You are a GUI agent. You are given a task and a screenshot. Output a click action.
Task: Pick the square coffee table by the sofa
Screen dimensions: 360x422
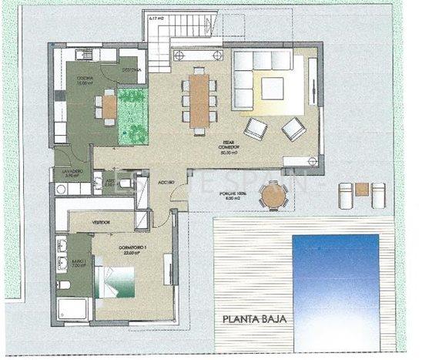coord(273,89)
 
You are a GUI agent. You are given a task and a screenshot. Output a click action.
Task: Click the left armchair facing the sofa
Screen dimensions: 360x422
coord(256,128)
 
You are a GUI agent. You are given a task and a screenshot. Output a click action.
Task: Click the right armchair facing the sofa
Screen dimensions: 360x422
coord(293,128)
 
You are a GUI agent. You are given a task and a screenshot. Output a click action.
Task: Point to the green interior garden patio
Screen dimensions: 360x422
coord(132,116)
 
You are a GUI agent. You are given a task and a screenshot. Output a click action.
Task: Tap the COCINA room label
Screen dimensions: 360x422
coord(85,79)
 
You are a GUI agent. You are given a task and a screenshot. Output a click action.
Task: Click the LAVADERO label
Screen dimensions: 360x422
coord(67,171)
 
